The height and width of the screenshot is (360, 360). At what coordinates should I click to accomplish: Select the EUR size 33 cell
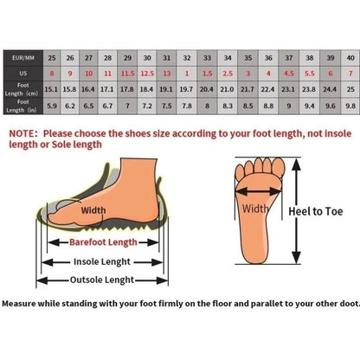(207, 57)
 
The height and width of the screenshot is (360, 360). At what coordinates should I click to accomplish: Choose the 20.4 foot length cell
(207, 89)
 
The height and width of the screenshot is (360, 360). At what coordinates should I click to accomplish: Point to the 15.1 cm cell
(51, 89)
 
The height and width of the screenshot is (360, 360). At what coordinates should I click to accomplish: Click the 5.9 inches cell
(51, 106)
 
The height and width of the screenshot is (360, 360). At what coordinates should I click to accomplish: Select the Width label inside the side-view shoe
(93, 209)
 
